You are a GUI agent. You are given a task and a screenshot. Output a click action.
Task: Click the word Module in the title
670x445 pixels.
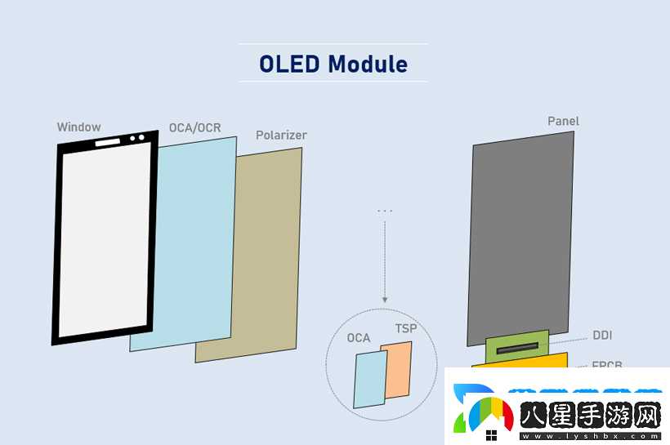[x=368, y=64]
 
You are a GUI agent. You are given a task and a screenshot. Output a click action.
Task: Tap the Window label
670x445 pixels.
[x=79, y=127]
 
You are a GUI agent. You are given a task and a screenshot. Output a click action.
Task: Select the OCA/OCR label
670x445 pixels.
[x=194, y=128]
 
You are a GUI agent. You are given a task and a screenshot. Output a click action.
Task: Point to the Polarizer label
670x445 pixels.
[x=281, y=135]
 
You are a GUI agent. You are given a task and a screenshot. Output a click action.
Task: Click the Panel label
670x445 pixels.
[x=563, y=122]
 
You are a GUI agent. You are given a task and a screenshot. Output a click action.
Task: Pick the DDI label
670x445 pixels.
[x=602, y=336]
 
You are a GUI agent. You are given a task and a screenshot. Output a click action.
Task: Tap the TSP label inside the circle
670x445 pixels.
[x=406, y=329]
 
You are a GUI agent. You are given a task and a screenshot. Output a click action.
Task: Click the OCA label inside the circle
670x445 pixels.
[x=359, y=338]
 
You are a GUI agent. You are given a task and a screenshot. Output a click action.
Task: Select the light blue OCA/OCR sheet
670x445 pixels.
[x=192, y=245]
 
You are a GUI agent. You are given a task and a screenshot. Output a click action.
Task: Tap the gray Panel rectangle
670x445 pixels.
[x=520, y=237]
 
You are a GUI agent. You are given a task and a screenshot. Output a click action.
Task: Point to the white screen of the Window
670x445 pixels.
[x=105, y=237]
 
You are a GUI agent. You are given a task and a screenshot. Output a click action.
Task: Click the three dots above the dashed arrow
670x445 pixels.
[x=385, y=211]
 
